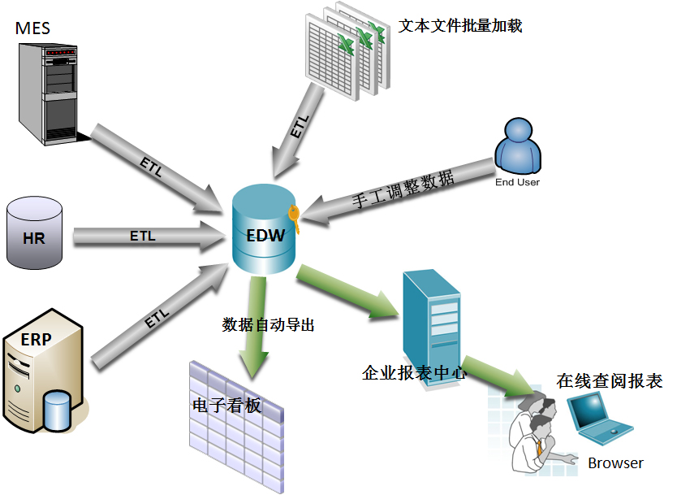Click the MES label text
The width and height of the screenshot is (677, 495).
point(32,28)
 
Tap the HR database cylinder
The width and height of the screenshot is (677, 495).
point(34,233)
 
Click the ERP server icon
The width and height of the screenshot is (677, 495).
point(42,370)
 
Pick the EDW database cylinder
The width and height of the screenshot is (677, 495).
point(265,231)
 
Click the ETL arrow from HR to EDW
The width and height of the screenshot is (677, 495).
point(146,237)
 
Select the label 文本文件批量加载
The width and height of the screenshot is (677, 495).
point(460,26)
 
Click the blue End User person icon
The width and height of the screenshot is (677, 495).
point(517,146)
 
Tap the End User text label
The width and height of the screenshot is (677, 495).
point(517,183)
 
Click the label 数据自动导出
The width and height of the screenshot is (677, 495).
point(268,325)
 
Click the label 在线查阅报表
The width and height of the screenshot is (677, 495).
point(609,380)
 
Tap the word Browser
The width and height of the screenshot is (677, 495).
point(615,463)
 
